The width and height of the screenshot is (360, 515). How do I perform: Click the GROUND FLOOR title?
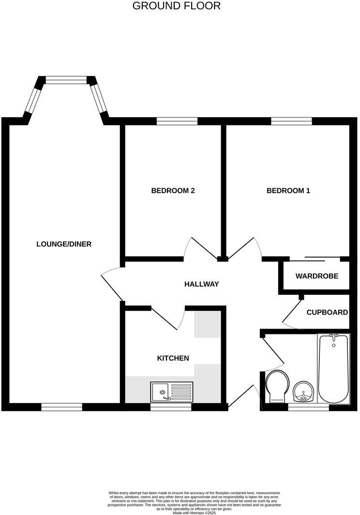coord(176,6)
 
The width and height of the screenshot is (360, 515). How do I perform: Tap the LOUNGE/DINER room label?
coord(64,244)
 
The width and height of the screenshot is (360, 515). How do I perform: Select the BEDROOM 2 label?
coord(173,191)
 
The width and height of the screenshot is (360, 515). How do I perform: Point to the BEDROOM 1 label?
coord(288,191)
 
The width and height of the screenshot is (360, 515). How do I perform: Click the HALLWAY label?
coord(202,284)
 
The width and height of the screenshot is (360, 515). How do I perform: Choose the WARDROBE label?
coord(317,276)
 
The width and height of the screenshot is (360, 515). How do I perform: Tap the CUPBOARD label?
coord(327,312)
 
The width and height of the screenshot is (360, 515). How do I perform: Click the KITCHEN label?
coord(173,358)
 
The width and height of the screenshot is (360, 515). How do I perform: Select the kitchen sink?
coord(171,392)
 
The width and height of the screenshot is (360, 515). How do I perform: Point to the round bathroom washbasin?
coord(303,391)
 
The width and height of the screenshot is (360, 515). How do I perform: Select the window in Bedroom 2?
coord(177,121)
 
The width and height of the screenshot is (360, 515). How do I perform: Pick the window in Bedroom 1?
coord(291,121)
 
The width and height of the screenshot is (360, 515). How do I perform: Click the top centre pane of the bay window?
coord(66,79)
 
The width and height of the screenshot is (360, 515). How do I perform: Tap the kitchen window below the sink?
coord(171,407)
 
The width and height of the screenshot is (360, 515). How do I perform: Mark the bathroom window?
coord(308,407)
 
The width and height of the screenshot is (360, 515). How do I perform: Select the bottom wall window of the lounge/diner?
coord(61,407)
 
